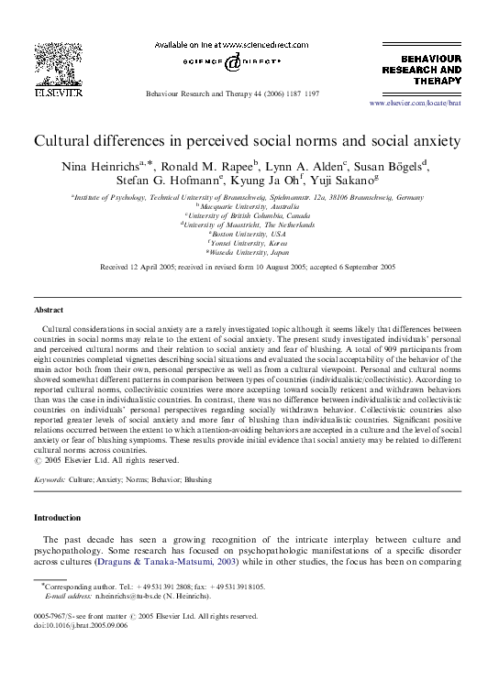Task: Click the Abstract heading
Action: click(x=49, y=310)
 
